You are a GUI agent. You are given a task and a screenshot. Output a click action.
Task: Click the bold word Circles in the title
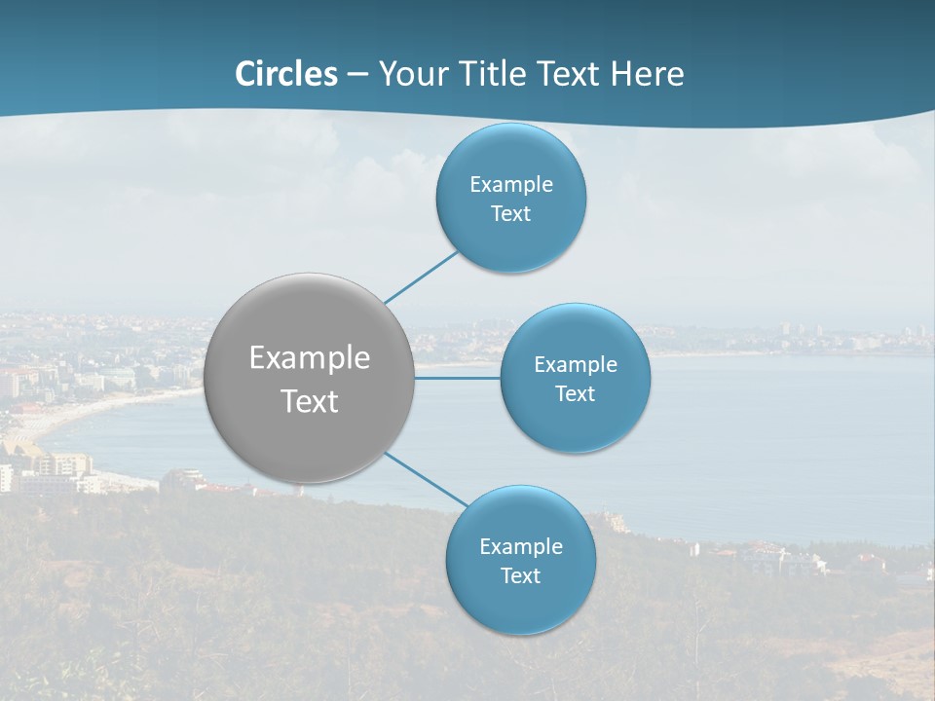286,74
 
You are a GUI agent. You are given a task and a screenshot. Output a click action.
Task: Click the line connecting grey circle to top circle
421,277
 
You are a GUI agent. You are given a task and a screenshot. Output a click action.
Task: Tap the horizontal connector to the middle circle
457,378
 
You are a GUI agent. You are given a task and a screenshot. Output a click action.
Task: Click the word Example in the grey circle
310,358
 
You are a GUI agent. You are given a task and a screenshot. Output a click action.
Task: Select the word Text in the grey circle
310,401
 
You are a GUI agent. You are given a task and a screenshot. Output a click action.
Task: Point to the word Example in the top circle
511,184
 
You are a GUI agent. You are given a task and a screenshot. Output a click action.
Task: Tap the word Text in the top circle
511,214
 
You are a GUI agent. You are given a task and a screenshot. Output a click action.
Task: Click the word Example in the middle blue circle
576,364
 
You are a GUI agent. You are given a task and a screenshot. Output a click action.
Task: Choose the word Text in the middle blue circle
576,393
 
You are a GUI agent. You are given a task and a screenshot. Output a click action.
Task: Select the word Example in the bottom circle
521,546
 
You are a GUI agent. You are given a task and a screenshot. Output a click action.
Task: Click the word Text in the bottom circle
521,575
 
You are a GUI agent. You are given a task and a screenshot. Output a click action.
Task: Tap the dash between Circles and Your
357,75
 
